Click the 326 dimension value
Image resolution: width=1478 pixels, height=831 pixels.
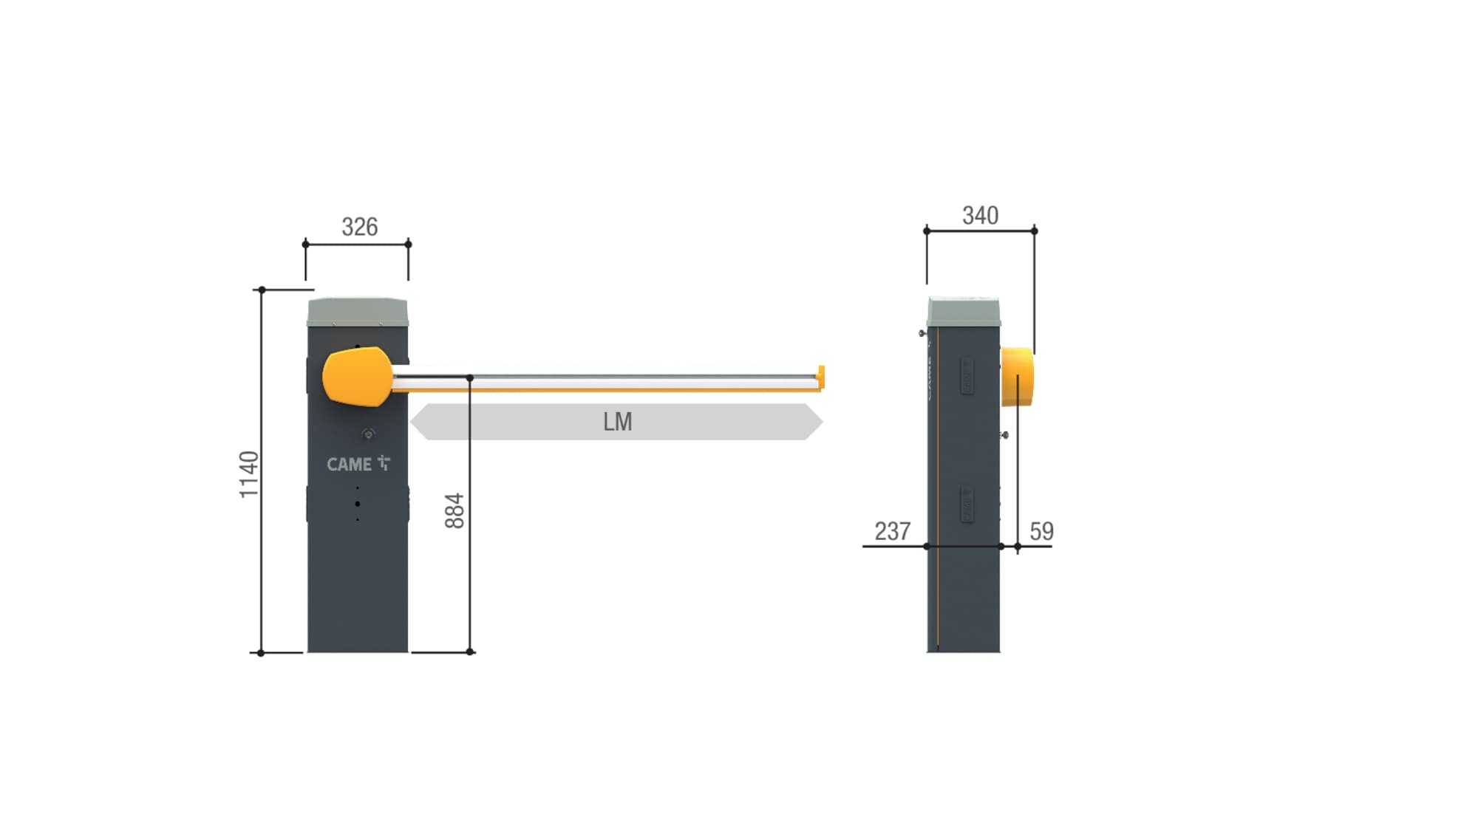tap(360, 227)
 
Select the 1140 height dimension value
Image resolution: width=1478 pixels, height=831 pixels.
tap(249, 474)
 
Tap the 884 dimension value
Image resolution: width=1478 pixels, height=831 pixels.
tap(454, 510)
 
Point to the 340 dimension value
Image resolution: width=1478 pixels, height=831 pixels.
tap(980, 216)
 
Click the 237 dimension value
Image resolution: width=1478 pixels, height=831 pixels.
tap(892, 531)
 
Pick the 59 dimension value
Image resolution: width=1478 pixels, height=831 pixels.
tap(1041, 531)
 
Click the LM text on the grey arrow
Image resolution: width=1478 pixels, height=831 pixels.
tap(617, 422)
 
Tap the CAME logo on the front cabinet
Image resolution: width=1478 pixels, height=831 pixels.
tap(358, 464)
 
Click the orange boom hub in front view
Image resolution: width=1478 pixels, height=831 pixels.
tap(357, 377)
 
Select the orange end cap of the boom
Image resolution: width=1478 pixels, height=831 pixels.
tap(820, 377)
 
